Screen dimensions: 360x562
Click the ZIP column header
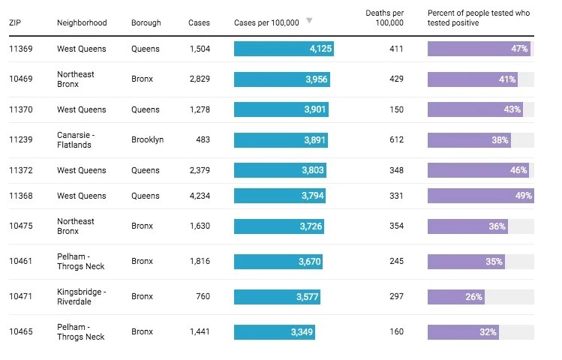tap(15, 22)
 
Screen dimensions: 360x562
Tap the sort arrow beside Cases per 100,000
tap(309, 21)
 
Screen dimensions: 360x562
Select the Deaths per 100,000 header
tap(384, 18)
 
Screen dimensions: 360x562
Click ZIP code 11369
tap(21, 49)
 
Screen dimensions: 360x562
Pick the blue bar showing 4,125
tap(284, 49)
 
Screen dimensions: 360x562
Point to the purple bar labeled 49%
tap(480, 196)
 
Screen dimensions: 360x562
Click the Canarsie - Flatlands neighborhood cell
tap(78, 139)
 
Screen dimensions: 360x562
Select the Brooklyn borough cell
tap(147, 139)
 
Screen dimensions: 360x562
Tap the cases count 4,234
tap(199, 196)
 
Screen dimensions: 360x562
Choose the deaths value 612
tap(395, 139)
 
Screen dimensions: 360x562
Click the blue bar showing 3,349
tap(274, 331)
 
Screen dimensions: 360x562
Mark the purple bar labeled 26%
tap(456, 296)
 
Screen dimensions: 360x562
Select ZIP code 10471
tap(21, 296)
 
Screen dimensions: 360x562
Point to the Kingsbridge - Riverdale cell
tap(82, 296)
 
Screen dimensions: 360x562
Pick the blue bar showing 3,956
tap(281, 79)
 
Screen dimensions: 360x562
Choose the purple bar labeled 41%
tap(473, 79)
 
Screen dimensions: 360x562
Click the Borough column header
tap(146, 22)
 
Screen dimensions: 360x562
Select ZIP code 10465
tap(21, 331)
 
